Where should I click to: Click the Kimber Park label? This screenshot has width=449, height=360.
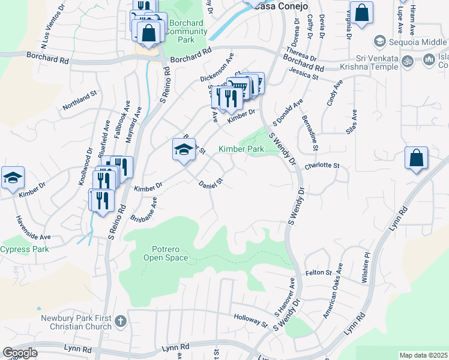tap(241, 149)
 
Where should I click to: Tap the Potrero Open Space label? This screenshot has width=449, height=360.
tap(166, 253)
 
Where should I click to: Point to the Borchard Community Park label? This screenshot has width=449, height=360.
tap(187, 31)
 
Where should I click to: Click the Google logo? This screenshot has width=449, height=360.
tap(20, 353)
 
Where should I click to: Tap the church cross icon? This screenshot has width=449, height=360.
tap(120, 320)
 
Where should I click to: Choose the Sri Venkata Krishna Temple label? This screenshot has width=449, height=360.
tap(369, 62)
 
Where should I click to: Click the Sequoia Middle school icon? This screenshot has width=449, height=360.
tap(379, 41)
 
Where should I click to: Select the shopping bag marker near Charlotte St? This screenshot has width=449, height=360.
tap(416, 159)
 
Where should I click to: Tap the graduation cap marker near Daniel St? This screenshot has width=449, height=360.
tap(184, 150)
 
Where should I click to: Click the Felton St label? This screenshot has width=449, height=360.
tap(319, 272)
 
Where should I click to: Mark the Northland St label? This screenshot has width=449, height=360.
tap(80, 101)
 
